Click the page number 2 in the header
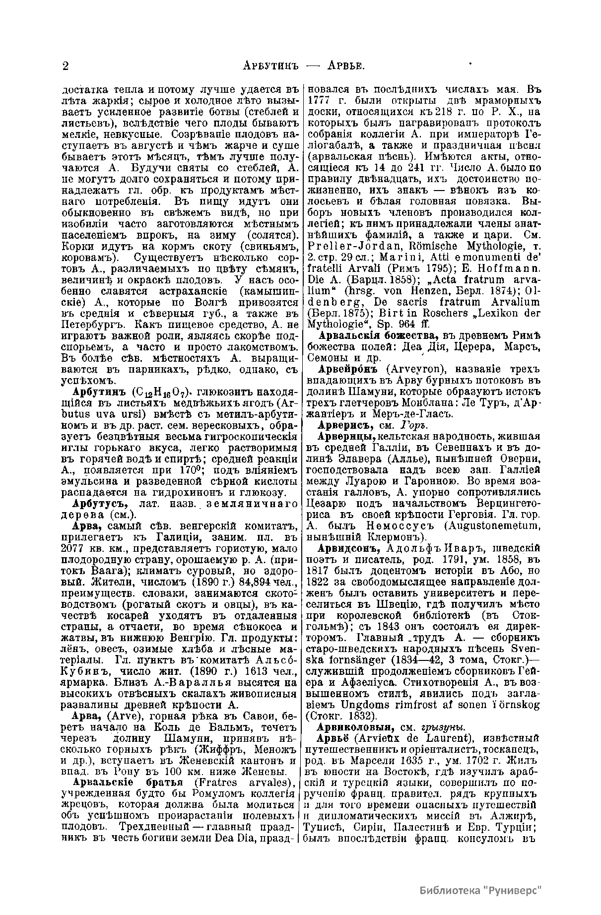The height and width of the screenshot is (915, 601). pyautogui.click(x=66, y=66)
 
